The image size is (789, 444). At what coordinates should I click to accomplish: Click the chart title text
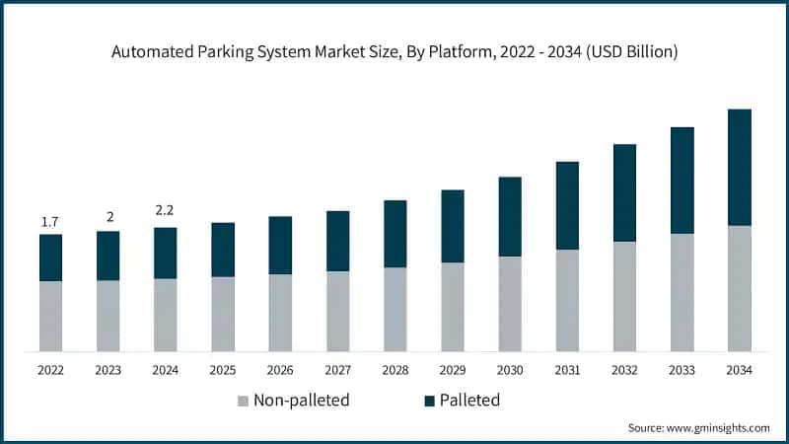[x=394, y=51]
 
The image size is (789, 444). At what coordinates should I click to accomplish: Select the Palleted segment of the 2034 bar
[x=739, y=168]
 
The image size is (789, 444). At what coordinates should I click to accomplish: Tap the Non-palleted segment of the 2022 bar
[x=50, y=316]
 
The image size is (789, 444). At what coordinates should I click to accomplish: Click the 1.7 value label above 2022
[x=50, y=222]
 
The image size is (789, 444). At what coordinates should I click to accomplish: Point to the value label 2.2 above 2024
[x=165, y=210]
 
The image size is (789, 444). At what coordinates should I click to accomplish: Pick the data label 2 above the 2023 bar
[x=108, y=217]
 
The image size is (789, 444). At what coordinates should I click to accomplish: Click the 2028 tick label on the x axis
[x=394, y=369]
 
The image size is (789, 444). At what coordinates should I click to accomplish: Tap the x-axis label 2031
[x=566, y=369]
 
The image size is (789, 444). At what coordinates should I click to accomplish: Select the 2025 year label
[x=223, y=369]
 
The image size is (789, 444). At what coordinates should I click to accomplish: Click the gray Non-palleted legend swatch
[x=243, y=401]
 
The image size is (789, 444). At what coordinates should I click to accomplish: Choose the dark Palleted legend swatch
[x=429, y=401]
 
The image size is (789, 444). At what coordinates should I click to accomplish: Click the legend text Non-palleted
[x=301, y=401]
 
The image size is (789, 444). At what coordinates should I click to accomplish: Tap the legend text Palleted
[x=470, y=401]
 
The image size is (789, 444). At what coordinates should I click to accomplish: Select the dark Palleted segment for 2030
[x=510, y=217]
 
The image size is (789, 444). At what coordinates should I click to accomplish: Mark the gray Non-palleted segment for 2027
[x=337, y=311]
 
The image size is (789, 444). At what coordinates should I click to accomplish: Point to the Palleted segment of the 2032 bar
[x=624, y=192]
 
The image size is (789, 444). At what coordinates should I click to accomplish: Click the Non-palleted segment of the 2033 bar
[x=681, y=292]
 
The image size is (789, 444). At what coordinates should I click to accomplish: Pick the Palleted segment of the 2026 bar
[x=280, y=245]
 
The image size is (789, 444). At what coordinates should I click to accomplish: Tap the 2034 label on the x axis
[x=739, y=369]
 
